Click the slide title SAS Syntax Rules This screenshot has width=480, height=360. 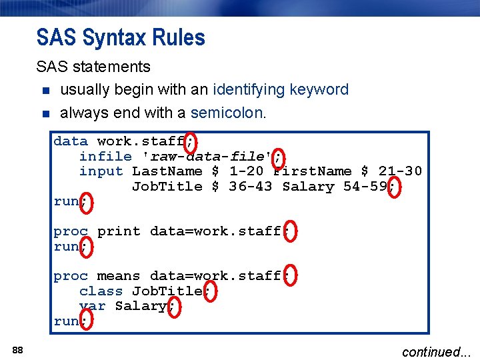[121, 37]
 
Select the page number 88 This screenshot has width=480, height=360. [18, 350]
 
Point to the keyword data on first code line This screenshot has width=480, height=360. [70, 141]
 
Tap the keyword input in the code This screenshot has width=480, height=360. [101, 171]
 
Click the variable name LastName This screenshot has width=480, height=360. [167, 171]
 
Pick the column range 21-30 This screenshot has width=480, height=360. [400, 171]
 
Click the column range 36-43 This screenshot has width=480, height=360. [250, 187]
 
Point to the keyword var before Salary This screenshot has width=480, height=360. [92, 306]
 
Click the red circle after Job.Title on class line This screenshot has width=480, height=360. [209, 292]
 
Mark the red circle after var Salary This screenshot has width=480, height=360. [174, 307]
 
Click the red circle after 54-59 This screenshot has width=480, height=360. [393, 187]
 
